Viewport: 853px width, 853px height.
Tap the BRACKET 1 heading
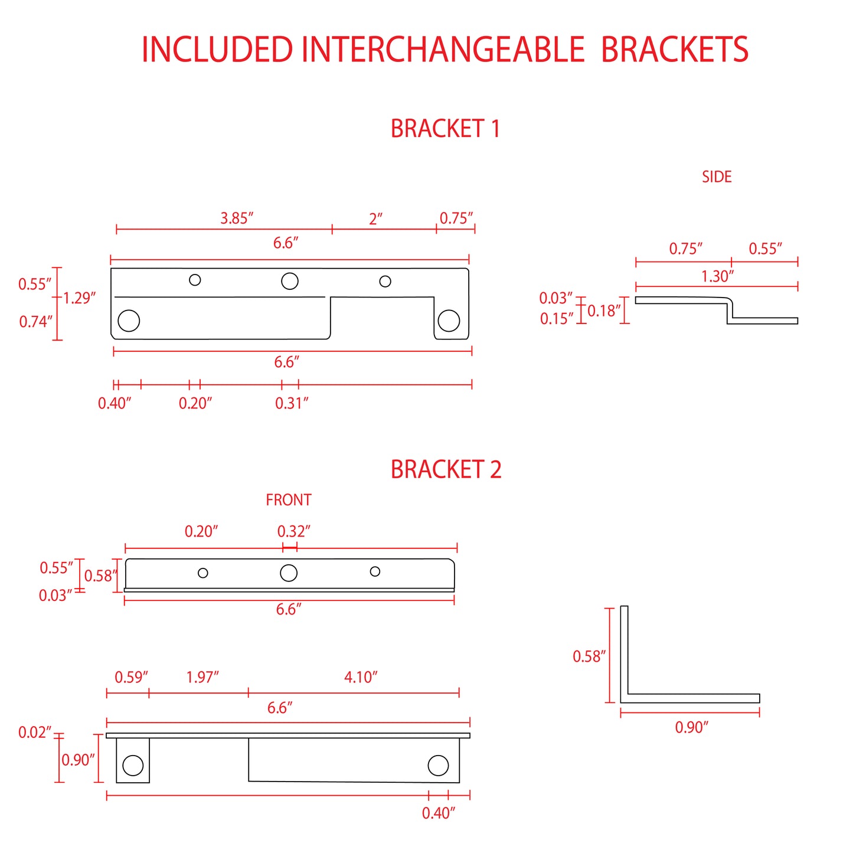pyautogui.click(x=445, y=128)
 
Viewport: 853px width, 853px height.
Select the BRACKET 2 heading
pyautogui.click(x=446, y=469)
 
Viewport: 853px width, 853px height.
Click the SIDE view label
pyautogui.click(x=717, y=177)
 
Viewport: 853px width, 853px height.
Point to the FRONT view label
pyautogui.click(x=289, y=500)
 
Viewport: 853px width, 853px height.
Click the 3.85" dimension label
pyautogui.click(x=237, y=218)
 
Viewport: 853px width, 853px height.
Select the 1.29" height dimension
pyautogui.click(x=79, y=298)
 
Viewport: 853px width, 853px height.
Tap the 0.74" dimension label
pyautogui.click(x=35, y=321)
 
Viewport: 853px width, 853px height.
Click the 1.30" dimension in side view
pyautogui.click(x=718, y=276)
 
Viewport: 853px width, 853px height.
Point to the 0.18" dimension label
pyautogui.click(x=604, y=311)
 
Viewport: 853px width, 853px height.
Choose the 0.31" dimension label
pyautogui.click(x=292, y=403)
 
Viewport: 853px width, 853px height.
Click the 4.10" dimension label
pyautogui.click(x=361, y=677)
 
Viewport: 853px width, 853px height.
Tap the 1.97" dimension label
pyautogui.click(x=202, y=677)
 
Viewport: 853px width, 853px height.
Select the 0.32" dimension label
pyautogui.click(x=294, y=531)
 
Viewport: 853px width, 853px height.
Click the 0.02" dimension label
pyautogui.click(x=35, y=732)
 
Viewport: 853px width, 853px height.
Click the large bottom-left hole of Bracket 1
pyautogui.click(x=129, y=321)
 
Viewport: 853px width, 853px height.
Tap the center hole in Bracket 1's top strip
pyautogui.click(x=289, y=281)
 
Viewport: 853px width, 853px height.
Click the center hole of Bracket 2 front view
pyautogui.click(x=289, y=573)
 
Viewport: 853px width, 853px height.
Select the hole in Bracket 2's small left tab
pyautogui.click(x=133, y=766)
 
